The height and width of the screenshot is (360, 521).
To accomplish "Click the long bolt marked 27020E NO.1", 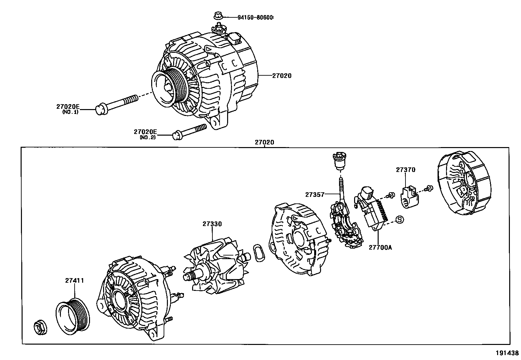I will pos(118,103).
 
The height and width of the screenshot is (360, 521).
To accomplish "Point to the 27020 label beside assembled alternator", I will pos(281,76).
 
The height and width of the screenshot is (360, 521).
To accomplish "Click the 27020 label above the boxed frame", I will pos(264,142).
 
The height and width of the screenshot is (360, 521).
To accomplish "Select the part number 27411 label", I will pos(74,280).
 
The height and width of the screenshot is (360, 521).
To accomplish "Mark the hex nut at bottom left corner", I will pos(41,328).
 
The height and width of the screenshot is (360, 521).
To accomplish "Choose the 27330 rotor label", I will pos(212,224).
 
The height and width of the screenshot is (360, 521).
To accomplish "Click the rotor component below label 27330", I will pos(216,265).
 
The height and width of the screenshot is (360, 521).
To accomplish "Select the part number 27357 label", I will pos(314,195).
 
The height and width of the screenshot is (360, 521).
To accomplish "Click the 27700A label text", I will pos(380,248).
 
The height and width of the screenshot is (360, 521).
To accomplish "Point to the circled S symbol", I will pos(400,220).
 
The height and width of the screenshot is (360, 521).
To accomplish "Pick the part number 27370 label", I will pos(405,170).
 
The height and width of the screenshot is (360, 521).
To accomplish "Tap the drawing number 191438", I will pos(507,353).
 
